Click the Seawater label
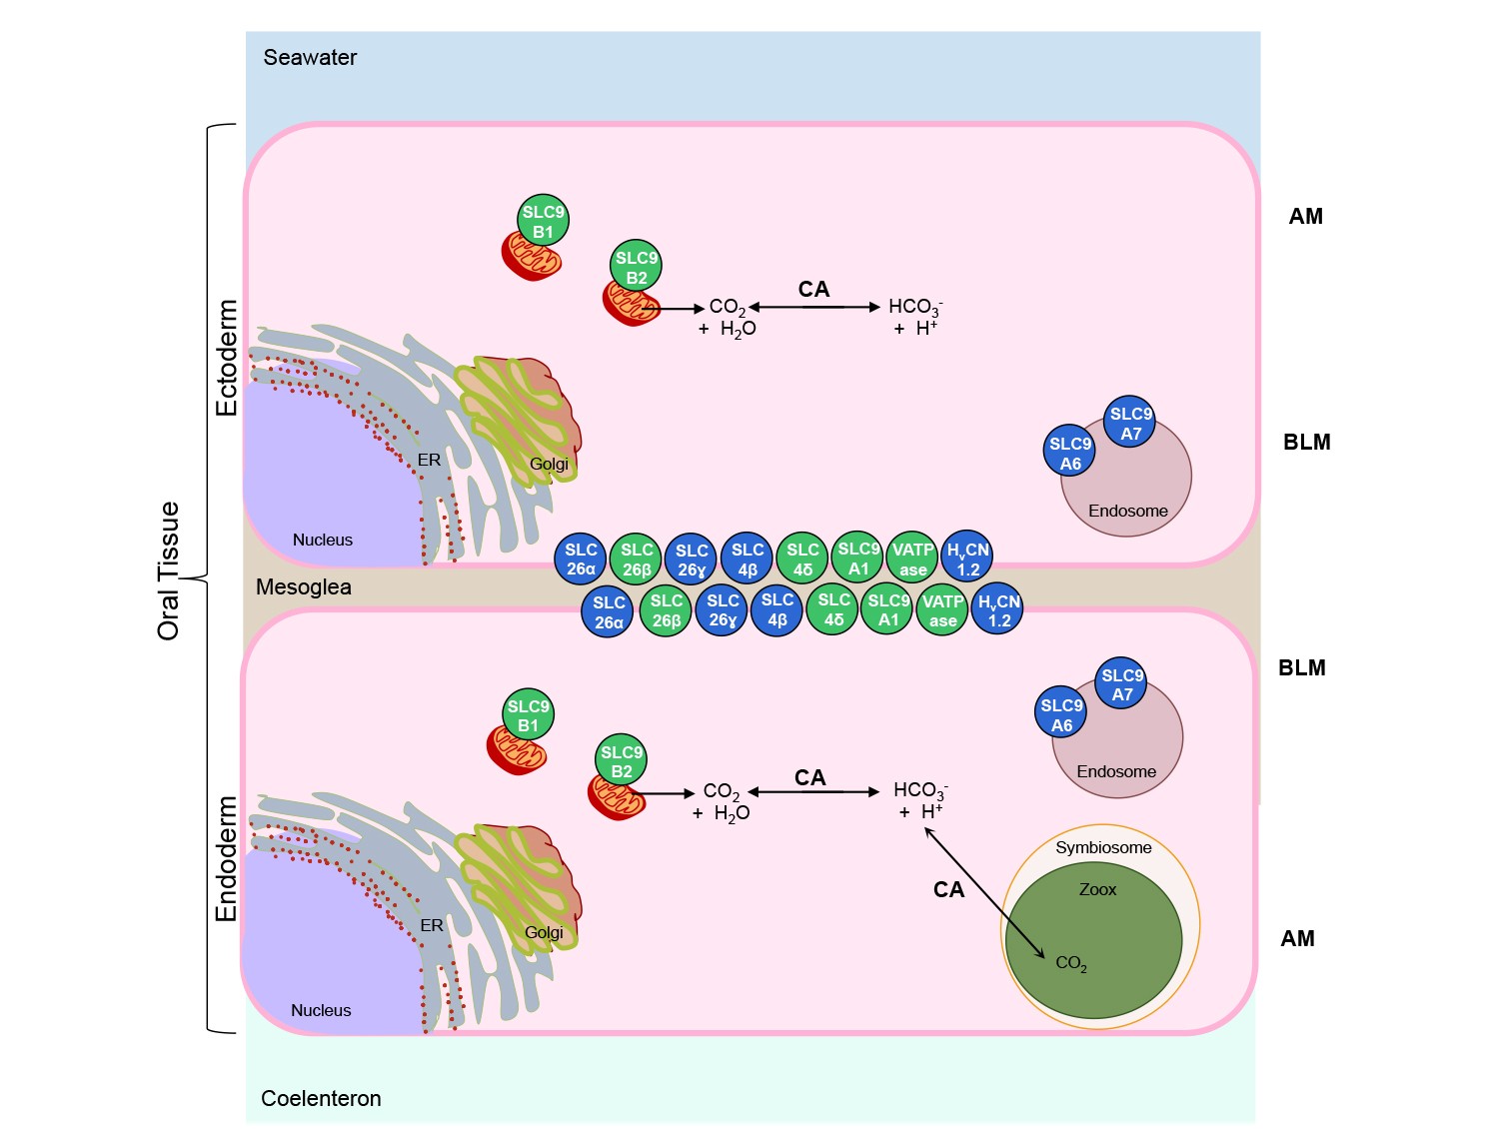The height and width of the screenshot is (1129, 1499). point(310,57)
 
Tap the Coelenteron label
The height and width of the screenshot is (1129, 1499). point(321,1098)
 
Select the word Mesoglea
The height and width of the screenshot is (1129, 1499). point(303,587)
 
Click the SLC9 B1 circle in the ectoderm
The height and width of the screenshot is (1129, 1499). point(543,220)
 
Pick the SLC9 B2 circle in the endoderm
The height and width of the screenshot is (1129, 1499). point(621,760)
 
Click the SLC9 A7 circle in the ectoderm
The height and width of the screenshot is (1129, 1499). point(1130,422)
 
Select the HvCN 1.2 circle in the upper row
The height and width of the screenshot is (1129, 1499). point(967,557)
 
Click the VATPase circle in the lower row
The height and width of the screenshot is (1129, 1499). point(942,610)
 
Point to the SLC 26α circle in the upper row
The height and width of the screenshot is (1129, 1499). point(581,560)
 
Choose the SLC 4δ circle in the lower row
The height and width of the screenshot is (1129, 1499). point(832,609)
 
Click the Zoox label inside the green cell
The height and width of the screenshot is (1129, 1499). point(1097,889)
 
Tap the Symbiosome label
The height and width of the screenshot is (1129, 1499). point(1103,848)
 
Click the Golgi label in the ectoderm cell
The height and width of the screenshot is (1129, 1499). point(549,465)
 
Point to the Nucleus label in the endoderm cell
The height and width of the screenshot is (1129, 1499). point(321,1010)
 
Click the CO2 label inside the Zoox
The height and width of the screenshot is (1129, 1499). point(1071,963)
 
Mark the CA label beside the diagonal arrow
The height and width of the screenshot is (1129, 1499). point(948,889)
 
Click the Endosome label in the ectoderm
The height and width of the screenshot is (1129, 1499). point(1127,511)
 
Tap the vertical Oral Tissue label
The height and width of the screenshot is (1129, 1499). point(168,571)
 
